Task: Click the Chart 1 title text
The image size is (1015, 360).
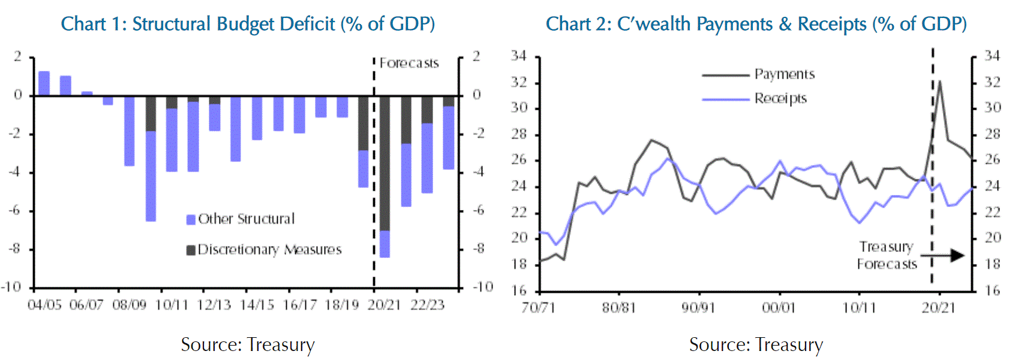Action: pos(248,24)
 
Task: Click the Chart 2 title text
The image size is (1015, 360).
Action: pos(756,24)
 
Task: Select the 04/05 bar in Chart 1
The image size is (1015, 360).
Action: pos(44,83)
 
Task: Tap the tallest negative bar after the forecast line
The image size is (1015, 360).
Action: pos(385,177)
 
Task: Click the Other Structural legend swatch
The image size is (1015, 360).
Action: pos(191,220)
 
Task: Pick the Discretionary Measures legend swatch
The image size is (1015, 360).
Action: pos(191,250)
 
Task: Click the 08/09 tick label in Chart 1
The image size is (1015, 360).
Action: pos(129,305)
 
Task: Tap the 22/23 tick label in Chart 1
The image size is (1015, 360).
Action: pos(427,305)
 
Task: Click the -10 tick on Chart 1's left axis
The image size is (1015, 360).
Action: pos(11,287)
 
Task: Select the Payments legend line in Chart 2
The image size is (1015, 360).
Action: pos(726,76)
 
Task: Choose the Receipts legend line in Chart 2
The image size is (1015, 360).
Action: pos(726,99)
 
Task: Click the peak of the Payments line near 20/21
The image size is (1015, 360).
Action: pos(939,82)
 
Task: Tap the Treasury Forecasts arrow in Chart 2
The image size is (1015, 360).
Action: pos(948,256)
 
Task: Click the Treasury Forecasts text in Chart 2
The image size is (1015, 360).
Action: pos(887,256)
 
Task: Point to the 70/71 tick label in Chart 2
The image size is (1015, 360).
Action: pos(538,308)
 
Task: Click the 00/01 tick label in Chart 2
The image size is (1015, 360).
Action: pos(779,308)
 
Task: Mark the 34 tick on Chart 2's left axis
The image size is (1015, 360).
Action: pos(518,56)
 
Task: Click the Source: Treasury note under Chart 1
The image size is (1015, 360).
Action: pos(248,344)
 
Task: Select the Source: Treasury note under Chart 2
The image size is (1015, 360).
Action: pos(756,344)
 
